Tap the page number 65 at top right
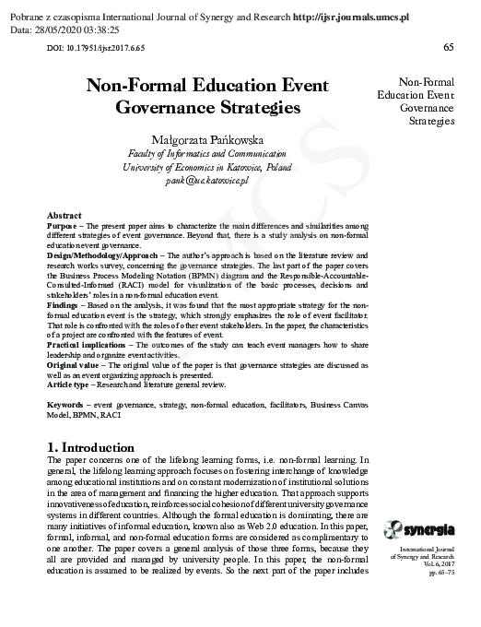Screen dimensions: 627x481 coord(449,47)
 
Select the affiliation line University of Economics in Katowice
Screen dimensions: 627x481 coord(207,169)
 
